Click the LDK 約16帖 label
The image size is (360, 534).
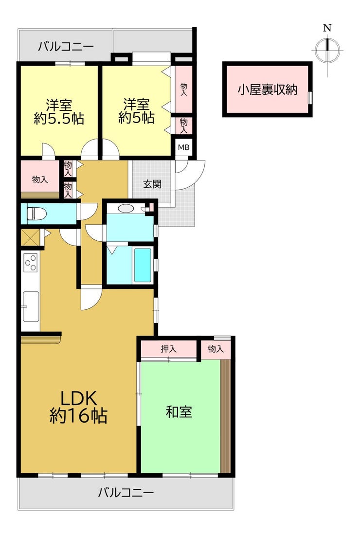79,407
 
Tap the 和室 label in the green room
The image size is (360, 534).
179,412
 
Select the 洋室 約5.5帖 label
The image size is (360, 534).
59,111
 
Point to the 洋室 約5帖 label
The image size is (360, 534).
136,111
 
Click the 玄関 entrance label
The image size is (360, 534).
152,184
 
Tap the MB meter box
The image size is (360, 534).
184,148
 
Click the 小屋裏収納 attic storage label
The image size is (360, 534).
268,89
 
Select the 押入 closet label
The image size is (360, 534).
169,349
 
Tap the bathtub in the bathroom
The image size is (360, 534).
143,265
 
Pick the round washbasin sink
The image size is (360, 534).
126,208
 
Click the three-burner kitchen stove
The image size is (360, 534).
30,263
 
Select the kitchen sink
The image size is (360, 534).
30,306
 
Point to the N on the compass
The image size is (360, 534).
327,28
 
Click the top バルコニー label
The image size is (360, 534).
66,46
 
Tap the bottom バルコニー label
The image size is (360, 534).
126,493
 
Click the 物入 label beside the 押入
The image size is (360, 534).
216,349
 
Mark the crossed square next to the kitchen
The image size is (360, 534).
30,238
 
